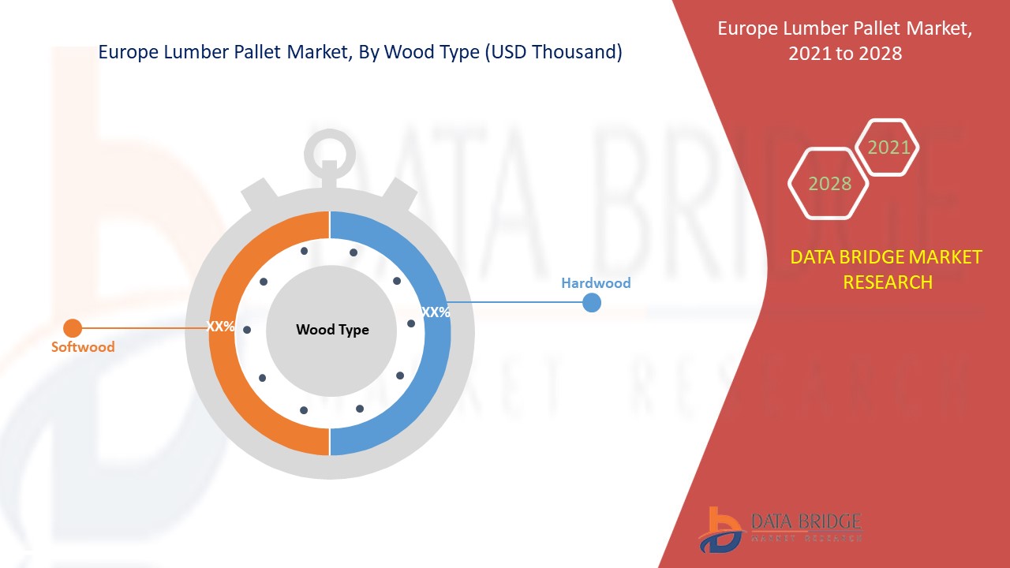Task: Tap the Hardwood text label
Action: point(596,282)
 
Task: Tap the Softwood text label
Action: point(83,347)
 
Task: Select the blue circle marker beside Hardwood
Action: point(592,302)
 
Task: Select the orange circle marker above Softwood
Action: point(73,327)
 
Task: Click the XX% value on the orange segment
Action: point(221,326)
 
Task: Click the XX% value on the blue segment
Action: point(436,312)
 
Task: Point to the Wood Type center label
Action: point(332,330)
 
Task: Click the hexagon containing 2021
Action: point(888,148)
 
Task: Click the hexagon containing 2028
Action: point(829,184)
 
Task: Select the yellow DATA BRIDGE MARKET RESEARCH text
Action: point(886,269)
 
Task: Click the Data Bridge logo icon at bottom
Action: point(720,529)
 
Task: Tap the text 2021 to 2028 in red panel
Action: point(845,54)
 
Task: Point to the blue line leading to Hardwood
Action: point(513,302)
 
